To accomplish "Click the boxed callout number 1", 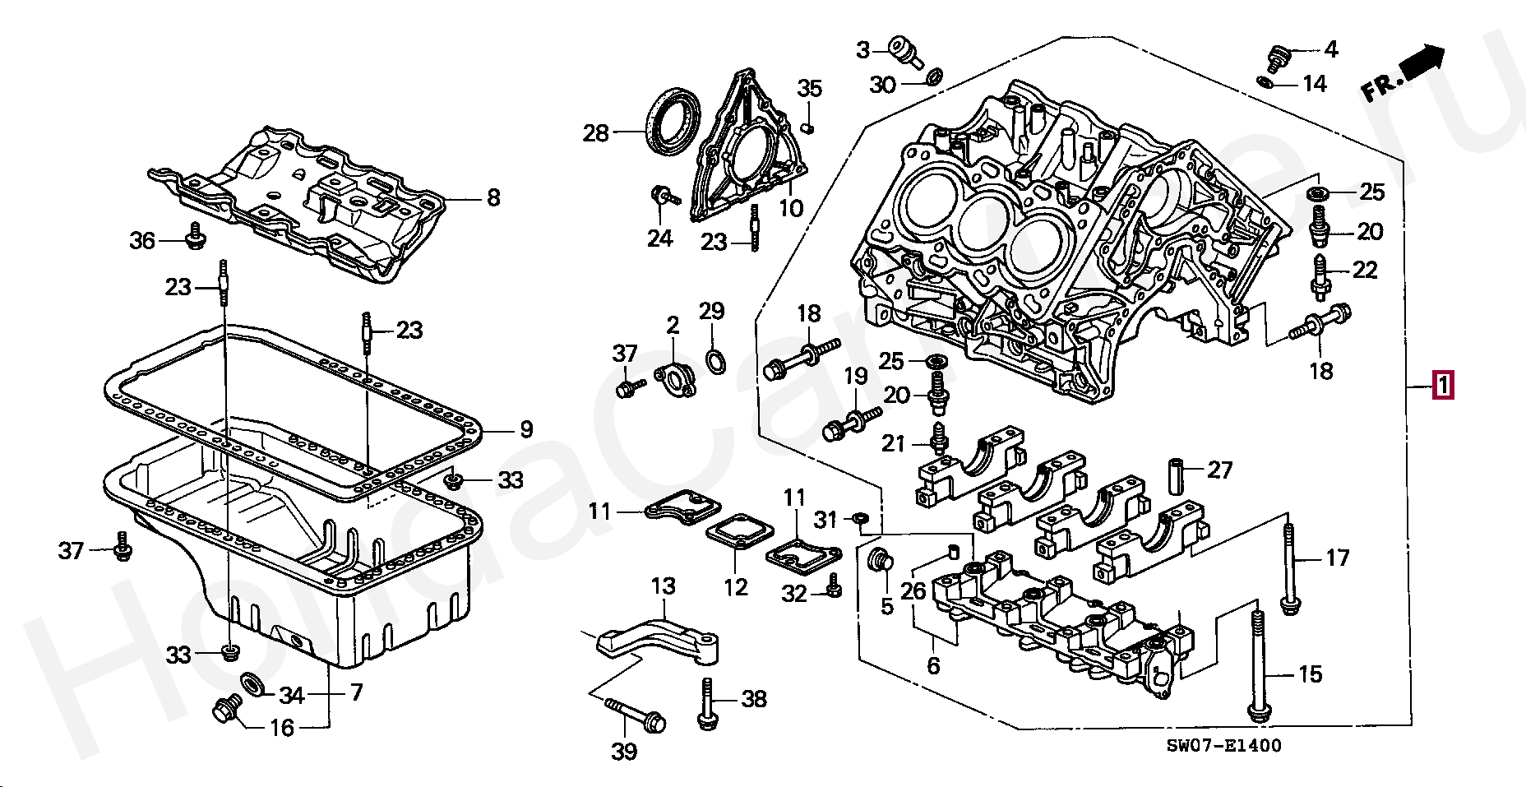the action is pos(1443,385).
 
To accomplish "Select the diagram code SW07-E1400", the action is pos(1223,746).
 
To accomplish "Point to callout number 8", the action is pos(492,197).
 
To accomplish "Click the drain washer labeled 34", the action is pos(251,683).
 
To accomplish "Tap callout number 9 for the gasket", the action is pos(526,429).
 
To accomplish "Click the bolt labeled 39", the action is pos(637,714).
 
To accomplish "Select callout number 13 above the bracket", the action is pos(663,586).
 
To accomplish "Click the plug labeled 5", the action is pos(881,560).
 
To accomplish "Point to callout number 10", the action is pos(791,208).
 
